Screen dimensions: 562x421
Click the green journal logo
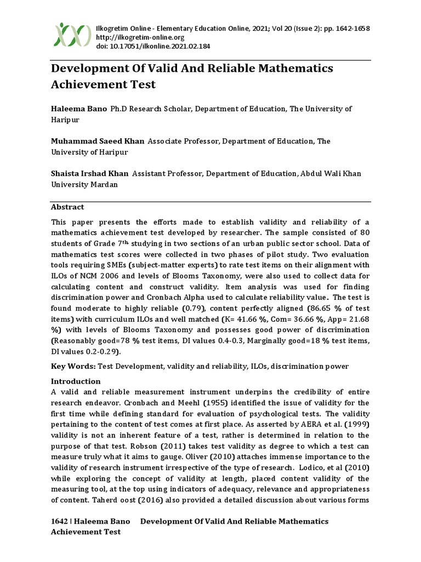pos(72,35)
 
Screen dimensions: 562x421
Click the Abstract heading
pos(67,207)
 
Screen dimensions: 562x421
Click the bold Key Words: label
pos(73,366)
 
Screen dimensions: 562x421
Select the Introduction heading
pos(76,381)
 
